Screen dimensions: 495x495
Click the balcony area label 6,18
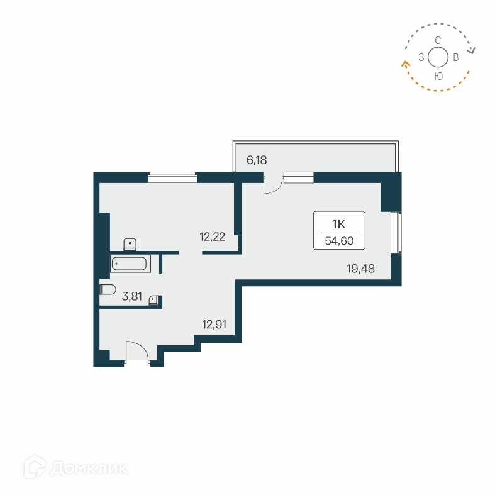(x=257, y=160)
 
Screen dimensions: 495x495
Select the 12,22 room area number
(x=212, y=236)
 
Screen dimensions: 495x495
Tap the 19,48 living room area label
(x=360, y=269)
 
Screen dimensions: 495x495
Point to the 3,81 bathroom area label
(x=131, y=296)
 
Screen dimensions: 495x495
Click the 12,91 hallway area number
(x=214, y=325)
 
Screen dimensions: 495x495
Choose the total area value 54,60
(x=338, y=240)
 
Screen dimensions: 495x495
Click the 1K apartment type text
(x=338, y=223)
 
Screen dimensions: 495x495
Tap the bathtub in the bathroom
(x=131, y=264)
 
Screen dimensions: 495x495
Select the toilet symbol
(x=108, y=289)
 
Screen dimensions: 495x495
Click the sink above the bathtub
(x=130, y=243)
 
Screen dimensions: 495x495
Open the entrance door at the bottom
(x=137, y=352)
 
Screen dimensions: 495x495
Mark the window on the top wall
(x=172, y=178)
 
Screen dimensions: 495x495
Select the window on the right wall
(x=396, y=233)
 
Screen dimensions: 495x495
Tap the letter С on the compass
(x=438, y=40)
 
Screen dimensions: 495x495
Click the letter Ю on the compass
(x=438, y=75)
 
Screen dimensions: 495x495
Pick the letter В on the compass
(x=455, y=58)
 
